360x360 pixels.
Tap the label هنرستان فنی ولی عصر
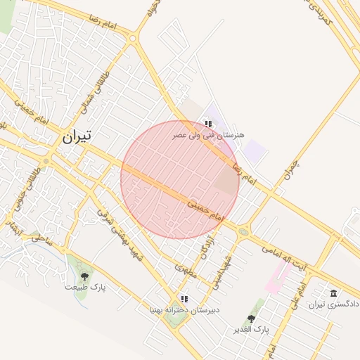(x=209, y=134)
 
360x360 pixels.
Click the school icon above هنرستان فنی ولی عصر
(x=207, y=124)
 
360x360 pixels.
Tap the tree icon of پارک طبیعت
(x=85, y=276)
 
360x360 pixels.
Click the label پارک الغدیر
(x=251, y=328)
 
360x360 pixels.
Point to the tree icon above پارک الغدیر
(x=251, y=319)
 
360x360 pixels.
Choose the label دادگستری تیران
(x=335, y=304)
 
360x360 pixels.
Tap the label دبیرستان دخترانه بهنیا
(x=184, y=309)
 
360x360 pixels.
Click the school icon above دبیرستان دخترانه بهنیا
(x=184, y=298)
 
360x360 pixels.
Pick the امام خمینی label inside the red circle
(x=205, y=209)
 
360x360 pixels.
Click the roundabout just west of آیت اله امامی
(x=243, y=231)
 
